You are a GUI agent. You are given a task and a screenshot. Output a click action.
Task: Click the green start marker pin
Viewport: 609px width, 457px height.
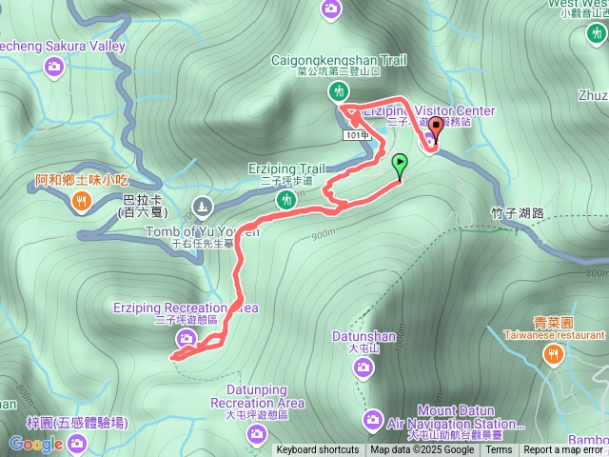(x=400, y=164)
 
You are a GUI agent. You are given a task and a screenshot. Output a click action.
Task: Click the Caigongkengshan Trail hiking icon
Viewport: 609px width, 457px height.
(x=338, y=90)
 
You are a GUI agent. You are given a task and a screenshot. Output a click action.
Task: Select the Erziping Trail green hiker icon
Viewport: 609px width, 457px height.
(x=285, y=199)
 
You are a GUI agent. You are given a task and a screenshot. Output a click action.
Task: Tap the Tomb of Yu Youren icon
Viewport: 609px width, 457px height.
(x=202, y=206)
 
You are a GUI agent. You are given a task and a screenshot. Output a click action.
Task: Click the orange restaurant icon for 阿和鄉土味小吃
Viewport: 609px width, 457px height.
(x=81, y=200)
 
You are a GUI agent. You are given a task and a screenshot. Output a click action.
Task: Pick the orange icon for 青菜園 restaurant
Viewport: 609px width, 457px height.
(x=552, y=354)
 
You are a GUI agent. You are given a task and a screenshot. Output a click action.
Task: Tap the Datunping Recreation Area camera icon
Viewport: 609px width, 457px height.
(x=256, y=434)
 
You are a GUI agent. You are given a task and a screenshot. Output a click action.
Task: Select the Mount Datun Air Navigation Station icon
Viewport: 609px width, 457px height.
(x=373, y=420)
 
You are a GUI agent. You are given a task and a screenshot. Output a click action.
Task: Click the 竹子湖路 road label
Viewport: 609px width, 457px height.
(x=518, y=213)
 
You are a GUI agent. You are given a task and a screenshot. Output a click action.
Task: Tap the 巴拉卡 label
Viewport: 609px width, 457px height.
(x=143, y=200)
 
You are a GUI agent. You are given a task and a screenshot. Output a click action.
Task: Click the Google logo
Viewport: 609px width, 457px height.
(x=35, y=444)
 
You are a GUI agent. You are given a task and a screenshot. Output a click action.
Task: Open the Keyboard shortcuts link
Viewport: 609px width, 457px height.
(x=318, y=450)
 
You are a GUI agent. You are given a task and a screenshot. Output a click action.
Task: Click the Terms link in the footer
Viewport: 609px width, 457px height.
(x=499, y=450)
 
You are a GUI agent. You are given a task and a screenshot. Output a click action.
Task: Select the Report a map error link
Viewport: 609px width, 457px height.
(x=564, y=450)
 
